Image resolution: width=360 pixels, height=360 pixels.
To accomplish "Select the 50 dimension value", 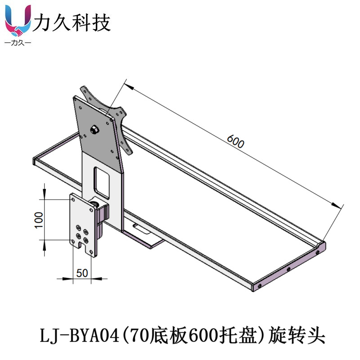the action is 82,273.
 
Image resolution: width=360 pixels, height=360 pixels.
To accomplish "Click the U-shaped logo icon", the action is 18,22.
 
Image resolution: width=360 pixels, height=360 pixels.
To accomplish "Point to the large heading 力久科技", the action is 72,22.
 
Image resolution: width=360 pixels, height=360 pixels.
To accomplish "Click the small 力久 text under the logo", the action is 18,43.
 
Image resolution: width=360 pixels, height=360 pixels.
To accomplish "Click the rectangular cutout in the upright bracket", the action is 101,181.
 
